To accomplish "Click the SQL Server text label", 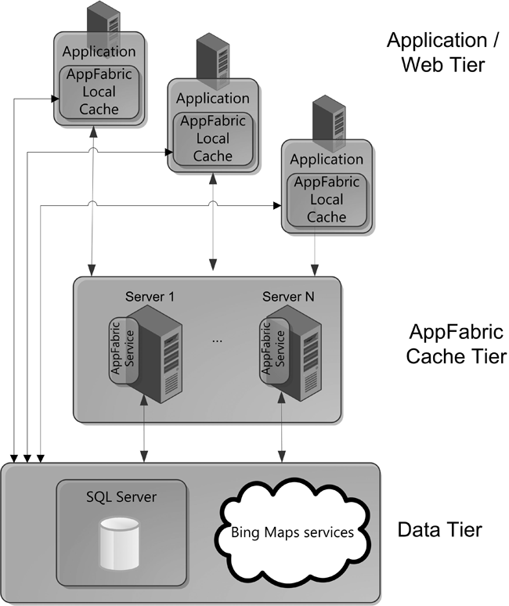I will point(121,496).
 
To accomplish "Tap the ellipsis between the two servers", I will point(218,341).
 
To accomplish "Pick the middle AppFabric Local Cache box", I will point(213,139).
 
